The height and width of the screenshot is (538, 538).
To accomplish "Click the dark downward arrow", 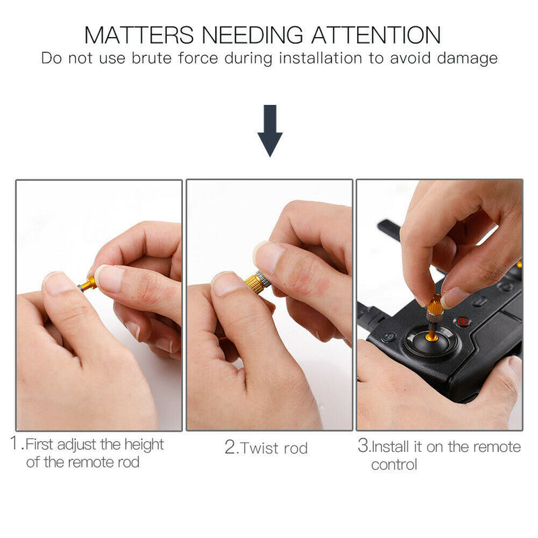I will click(270, 130).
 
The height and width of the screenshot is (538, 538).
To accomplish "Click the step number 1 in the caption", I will click(17, 445).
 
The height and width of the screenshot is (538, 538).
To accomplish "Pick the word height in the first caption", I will click(140, 445).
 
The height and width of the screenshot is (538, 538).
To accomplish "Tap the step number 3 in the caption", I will click(363, 447).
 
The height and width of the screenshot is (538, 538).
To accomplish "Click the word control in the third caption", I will click(394, 464).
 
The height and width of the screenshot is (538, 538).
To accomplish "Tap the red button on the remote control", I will click(463, 322).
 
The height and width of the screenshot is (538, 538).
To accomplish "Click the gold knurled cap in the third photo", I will click(434, 308).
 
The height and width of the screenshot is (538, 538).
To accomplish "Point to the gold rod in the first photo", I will click(89, 282).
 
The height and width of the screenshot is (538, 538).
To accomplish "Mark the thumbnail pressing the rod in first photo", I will click(61, 282).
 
